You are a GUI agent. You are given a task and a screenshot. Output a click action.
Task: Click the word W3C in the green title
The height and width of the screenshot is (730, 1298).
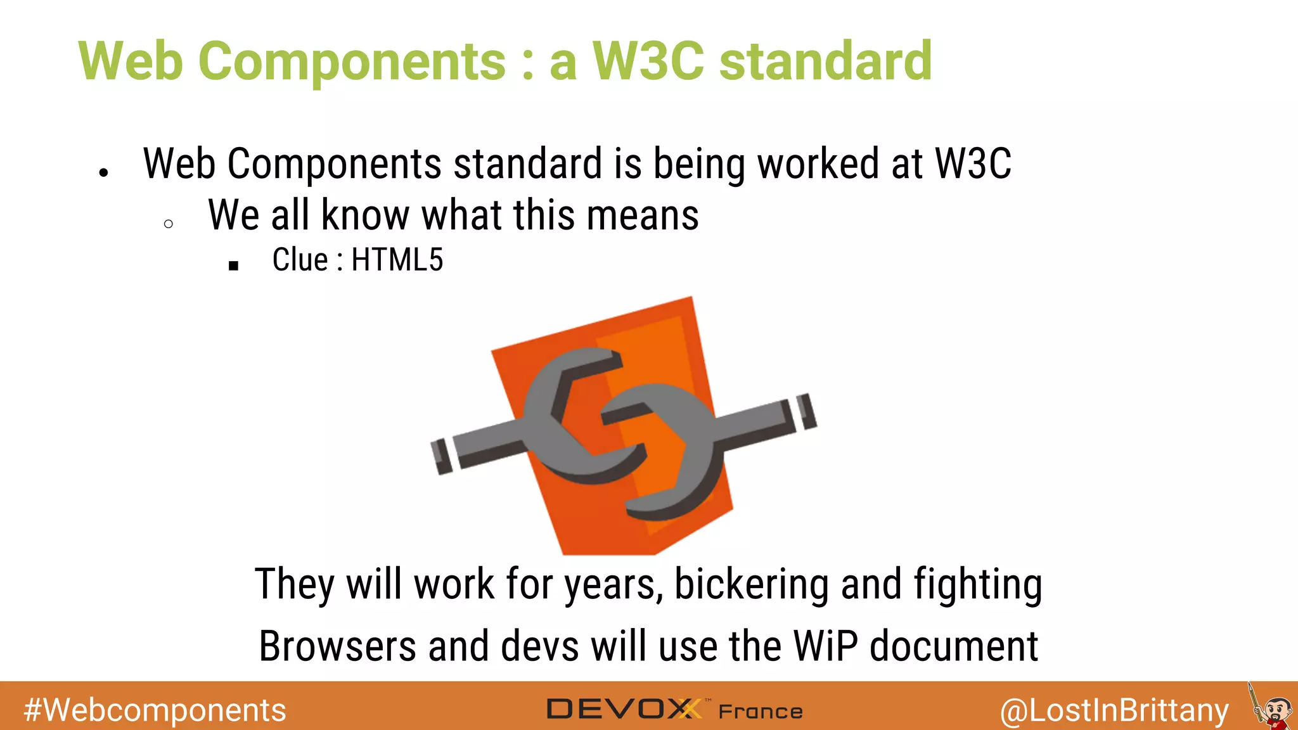tap(648, 61)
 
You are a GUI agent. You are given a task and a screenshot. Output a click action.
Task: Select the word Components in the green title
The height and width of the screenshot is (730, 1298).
tap(352, 62)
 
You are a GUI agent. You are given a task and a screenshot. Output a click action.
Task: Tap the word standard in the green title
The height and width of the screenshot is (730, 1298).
tap(826, 61)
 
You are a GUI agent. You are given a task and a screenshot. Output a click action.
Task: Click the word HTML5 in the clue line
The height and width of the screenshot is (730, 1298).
tap(397, 260)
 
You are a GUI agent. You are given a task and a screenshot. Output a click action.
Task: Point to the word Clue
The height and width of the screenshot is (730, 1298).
tap(300, 260)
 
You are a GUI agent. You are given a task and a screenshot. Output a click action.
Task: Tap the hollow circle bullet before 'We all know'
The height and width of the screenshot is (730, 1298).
tap(168, 224)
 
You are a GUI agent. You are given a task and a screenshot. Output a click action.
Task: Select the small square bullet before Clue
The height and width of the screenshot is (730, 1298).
tap(233, 266)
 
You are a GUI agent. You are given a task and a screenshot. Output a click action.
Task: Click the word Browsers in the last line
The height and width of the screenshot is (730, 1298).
tap(338, 646)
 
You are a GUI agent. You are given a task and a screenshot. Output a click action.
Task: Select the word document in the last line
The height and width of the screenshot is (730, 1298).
tap(954, 646)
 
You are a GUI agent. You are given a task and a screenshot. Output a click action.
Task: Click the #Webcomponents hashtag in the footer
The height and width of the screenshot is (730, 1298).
tap(155, 710)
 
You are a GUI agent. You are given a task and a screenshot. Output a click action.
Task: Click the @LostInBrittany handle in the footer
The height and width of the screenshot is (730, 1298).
tap(1114, 710)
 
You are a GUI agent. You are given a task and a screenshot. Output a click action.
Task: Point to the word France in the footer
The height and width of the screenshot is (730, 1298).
tap(761, 712)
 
